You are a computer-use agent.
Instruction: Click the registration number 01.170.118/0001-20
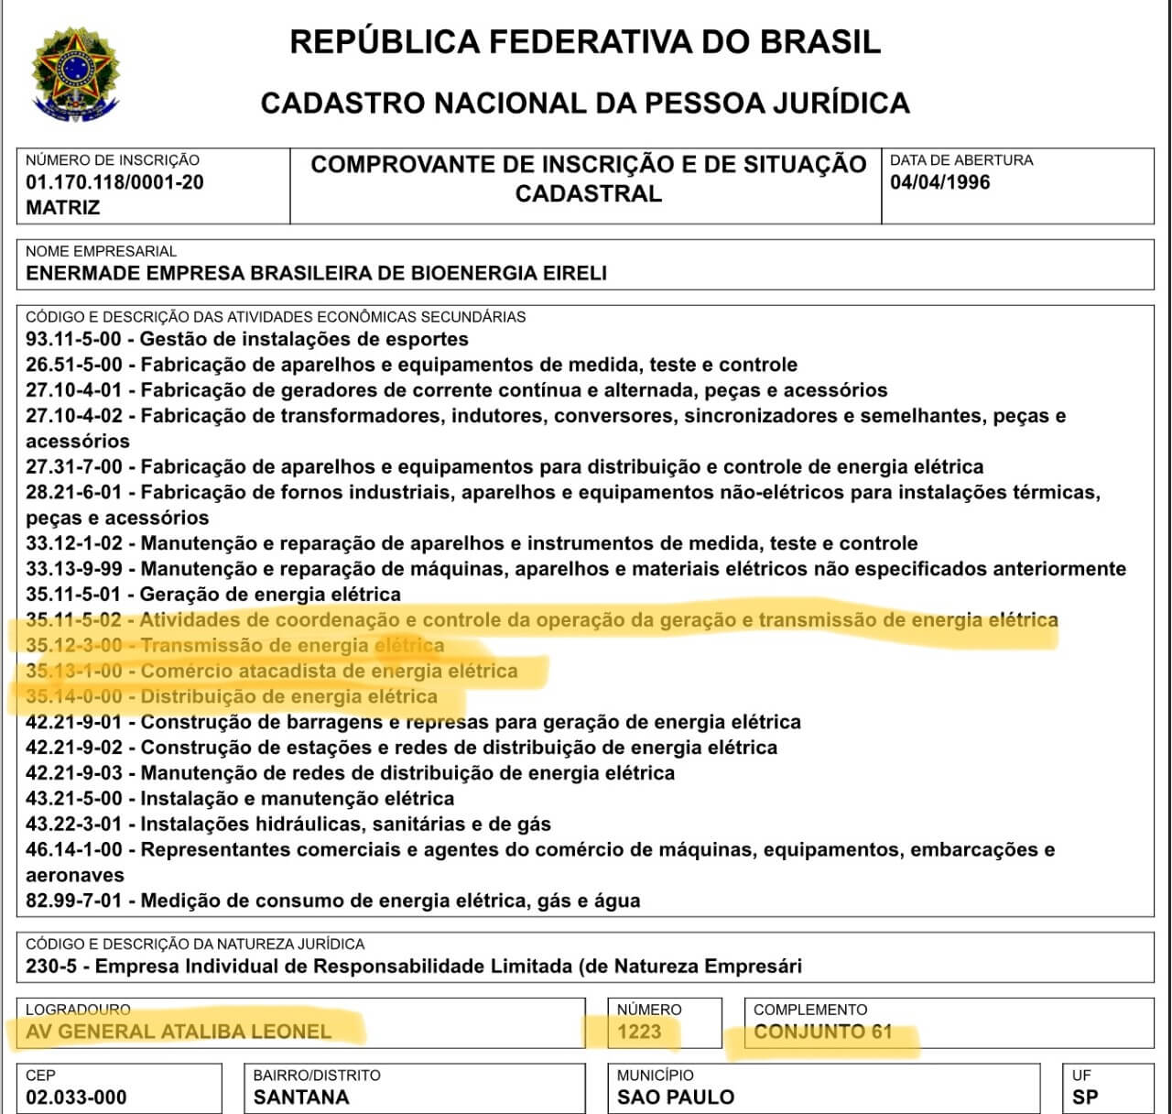(114, 182)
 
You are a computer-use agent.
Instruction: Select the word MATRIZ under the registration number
(62, 207)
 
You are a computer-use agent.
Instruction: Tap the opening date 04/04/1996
(939, 182)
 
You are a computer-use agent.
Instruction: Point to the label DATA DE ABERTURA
(961, 160)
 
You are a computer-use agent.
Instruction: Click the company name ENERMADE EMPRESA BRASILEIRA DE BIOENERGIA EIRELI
(316, 273)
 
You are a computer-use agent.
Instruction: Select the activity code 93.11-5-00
(73, 339)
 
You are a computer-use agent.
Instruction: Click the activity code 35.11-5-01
(73, 595)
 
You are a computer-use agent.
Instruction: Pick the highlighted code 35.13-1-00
(73, 672)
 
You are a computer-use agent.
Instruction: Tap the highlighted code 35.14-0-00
(73, 697)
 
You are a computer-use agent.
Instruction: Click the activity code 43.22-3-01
(73, 824)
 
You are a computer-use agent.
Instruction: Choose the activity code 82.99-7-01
(73, 901)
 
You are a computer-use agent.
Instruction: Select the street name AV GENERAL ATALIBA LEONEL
(179, 1032)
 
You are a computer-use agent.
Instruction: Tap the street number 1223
(639, 1032)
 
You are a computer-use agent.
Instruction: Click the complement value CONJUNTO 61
(822, 1032)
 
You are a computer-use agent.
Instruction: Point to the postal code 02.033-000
(76, 1098)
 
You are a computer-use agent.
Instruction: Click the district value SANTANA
(301, 1098)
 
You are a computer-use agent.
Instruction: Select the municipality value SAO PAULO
(676, 1098)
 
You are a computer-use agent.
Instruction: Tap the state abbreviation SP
(1086, 1098)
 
